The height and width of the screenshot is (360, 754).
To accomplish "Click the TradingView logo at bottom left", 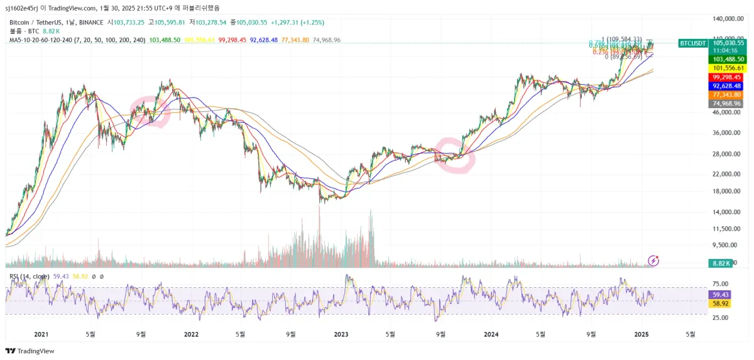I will click(30, 351).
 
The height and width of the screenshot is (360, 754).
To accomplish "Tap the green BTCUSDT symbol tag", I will click(693, 43).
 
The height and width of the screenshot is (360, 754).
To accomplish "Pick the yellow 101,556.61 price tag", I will click(726, 68).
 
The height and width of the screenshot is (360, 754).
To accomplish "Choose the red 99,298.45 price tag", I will click(726, 77).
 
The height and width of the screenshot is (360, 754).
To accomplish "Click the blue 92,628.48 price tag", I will click(726, 85).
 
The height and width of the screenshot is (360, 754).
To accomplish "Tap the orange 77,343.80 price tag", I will click(726, 94).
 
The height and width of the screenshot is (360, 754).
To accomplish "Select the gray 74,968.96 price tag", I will click(726, 103).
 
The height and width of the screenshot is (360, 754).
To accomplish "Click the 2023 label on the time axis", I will click(341, 334).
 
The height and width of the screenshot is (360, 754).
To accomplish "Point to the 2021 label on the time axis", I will click(41, 334).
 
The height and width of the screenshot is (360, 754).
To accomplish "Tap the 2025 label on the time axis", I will click(641, 334).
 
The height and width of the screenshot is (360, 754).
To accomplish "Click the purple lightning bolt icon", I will click(653, 260).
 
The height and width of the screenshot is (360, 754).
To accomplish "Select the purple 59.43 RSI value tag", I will click(718, 294).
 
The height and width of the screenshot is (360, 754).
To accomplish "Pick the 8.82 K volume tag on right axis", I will click(720, 263).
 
